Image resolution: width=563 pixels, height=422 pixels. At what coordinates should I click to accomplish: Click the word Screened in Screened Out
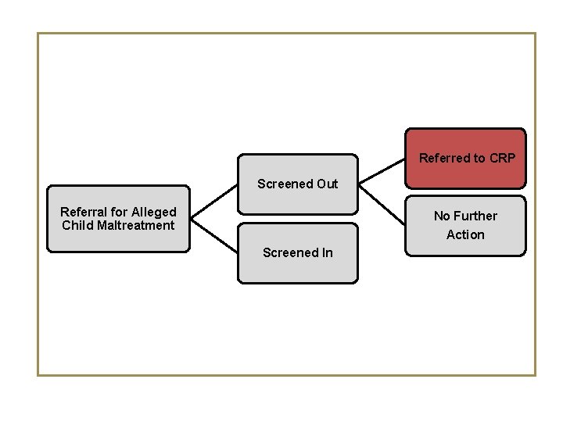[285, 184]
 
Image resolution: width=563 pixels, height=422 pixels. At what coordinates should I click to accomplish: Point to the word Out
[328, 184]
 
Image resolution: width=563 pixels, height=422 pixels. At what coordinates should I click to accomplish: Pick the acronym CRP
[502, 159]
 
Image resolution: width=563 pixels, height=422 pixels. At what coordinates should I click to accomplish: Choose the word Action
[465, 234]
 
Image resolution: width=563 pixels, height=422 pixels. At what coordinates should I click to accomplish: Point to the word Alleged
[154, 212]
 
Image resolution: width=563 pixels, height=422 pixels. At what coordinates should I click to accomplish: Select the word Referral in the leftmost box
[84, 212]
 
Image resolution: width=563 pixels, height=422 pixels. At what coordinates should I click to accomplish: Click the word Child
[77, 226]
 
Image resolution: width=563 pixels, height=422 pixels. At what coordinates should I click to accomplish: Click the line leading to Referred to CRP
[382, 170]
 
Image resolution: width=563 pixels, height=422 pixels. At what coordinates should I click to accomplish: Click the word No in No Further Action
[443, 216]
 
